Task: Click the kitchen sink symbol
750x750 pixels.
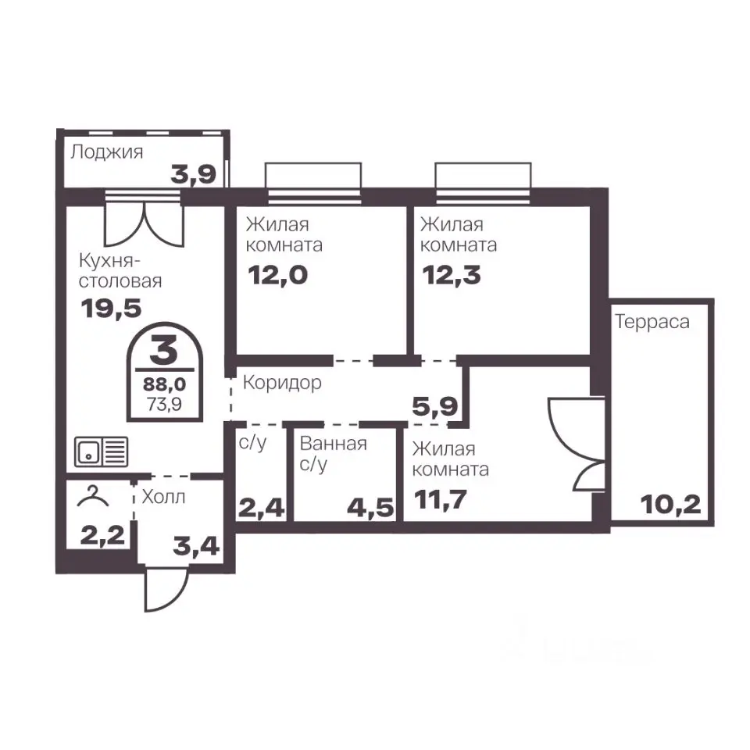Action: pos(102,452)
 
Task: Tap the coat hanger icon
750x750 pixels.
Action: pos(93,496)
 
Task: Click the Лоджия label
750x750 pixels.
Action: pos(107,152)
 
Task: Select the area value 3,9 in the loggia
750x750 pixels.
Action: pos(194,175)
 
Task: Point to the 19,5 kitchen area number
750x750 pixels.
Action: pos(112,309)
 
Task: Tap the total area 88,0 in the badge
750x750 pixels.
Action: pos(165,384)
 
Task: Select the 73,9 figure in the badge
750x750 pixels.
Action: pos(165,405)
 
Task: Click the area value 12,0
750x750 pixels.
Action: pos(277,276)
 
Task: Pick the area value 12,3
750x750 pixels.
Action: pos(452,276)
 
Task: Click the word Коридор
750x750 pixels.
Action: pos(282,383)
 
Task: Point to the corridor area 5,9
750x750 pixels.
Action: pos(435,407)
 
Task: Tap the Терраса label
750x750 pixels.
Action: pos(652,322)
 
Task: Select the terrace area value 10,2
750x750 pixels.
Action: pos(670,505)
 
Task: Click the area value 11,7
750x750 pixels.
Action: pos(440,500)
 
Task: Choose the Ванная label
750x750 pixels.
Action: pos(334,444)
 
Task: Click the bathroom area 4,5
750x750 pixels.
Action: pos(370,509)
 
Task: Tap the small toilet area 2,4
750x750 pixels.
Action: pos(262,509)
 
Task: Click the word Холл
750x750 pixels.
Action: pos(163,498)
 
